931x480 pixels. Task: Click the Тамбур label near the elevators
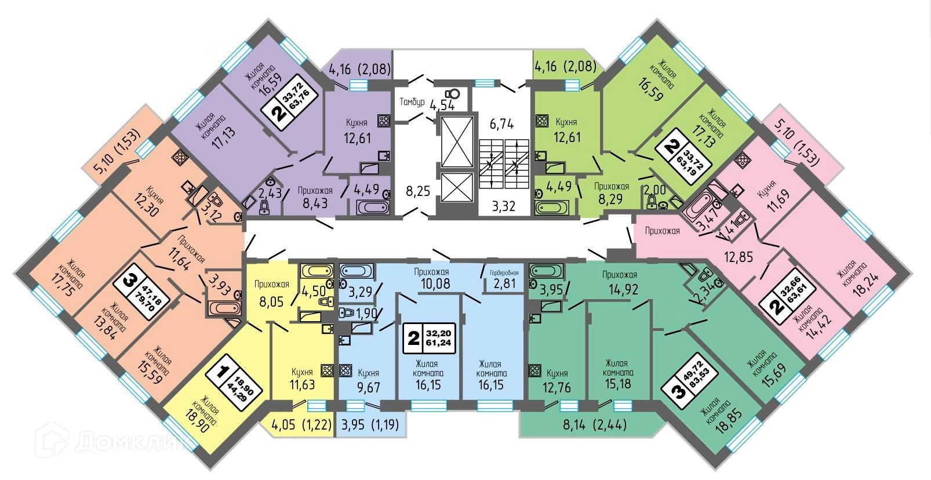pos(412,102)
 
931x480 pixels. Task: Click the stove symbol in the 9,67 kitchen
pos(346,370)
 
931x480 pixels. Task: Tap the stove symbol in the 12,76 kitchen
pos(534,370)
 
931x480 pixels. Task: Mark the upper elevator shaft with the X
pos(457,141)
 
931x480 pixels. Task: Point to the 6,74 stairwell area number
pos(501,123)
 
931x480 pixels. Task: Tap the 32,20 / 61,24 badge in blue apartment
pos(430,338)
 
